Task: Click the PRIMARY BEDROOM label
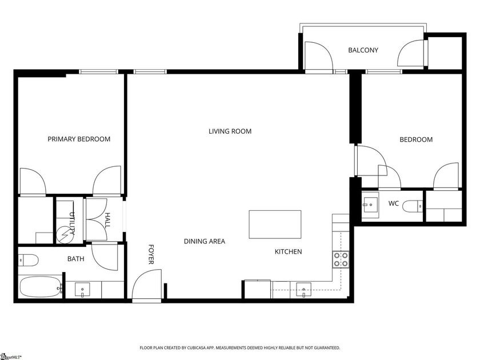(x=79, y=139)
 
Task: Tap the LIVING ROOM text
(x=230, y=131)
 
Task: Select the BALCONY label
(x=363, y=50)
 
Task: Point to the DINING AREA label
(x=204, y=241)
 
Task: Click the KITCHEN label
(x=288, y=251)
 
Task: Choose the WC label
(x=393, y=203)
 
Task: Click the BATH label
(x=75, y=259)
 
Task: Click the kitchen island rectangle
(x=275, y=224)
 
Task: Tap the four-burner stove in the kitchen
(x=341, y=260)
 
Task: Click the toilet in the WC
(x=413, y=206)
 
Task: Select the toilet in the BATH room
(x=28, y=261)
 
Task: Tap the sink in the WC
(x=370, y=203)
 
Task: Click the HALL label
(x=107, y=220)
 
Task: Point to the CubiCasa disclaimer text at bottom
(x=240, y=347)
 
